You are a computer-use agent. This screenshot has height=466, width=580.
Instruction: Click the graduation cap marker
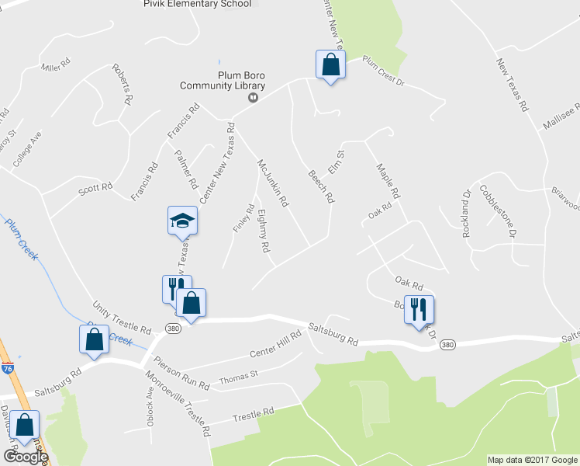coord(182,222)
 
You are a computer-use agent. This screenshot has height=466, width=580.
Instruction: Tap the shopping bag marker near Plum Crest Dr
coord(330,66)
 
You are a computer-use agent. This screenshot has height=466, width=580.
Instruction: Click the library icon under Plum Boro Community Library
coord(252,98)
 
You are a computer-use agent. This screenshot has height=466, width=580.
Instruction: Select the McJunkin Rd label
coord(273,183)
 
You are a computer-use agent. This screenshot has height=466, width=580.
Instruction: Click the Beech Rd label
coord(320,186)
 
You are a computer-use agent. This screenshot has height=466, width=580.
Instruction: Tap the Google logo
coord(25,456)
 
